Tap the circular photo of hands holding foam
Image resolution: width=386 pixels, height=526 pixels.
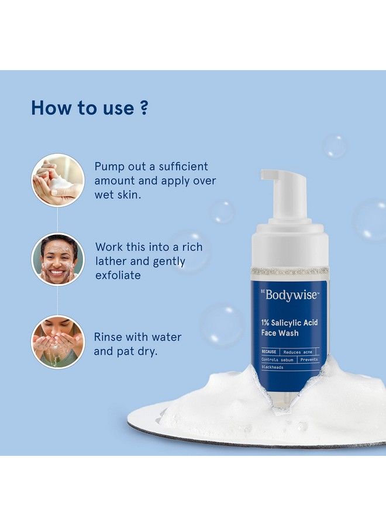[x=58, y=180]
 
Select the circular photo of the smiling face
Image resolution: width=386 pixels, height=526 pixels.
[x=58, y=259]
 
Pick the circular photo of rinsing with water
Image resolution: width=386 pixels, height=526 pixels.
[x=58, y=342]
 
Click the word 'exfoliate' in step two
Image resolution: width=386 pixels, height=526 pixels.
[x=118, y=275]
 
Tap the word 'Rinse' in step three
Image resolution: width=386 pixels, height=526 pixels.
[x=110, y=337]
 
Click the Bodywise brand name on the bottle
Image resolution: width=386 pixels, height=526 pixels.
[x=291, y=295]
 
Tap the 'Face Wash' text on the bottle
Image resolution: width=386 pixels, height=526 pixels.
[x=281, y=333]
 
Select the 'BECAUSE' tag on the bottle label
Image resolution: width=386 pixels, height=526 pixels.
[x=269, y=352]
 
